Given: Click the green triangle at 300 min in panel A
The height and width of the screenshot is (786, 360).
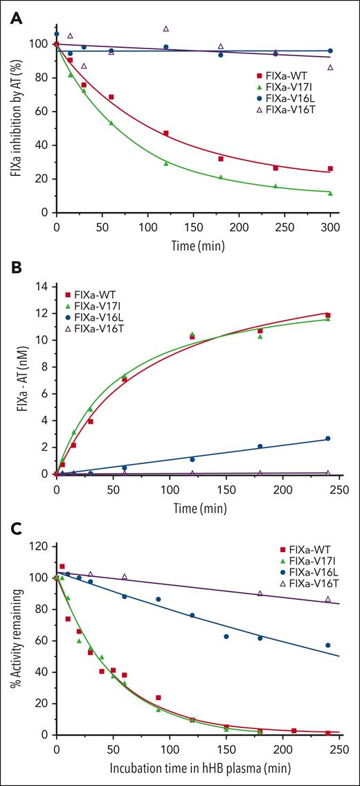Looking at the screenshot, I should point(330,193).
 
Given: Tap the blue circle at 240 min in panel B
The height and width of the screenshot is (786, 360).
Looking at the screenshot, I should point(327,438).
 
